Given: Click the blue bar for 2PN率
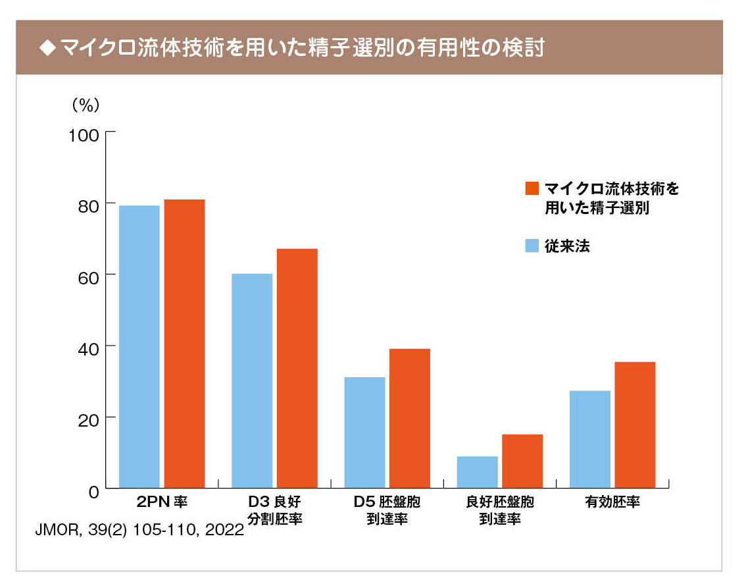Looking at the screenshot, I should (x=139, y=346).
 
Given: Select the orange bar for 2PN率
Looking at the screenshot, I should (x=184, y=343).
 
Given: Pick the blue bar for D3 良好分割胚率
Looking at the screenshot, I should (x=252, y=381).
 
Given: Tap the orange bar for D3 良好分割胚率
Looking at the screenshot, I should (x=297, y=368).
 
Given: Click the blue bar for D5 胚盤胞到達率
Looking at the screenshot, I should (x=364, y=432).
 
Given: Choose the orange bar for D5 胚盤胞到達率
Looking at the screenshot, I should (x=410, y=418).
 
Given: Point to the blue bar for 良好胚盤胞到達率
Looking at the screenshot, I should (x=478, y=471).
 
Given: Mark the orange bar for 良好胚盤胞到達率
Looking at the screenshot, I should (x=522, y=461).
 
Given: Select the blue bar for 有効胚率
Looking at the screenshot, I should (x=590, y=438).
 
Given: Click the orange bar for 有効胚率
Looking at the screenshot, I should (x=635, y=425).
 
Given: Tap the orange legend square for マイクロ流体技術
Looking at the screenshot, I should (x=532, y=189).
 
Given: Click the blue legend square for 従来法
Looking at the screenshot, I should (x=532, y=246).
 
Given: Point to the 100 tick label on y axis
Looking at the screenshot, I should (x=84, y=135).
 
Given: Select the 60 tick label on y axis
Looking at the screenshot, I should (x=89, y=275).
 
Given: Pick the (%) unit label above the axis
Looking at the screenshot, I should (x=85, y=104).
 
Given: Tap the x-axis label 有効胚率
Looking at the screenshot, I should (x=612, y=502).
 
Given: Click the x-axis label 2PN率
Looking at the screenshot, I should (x=162, y=502).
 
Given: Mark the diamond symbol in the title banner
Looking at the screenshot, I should (x=45, y=49).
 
